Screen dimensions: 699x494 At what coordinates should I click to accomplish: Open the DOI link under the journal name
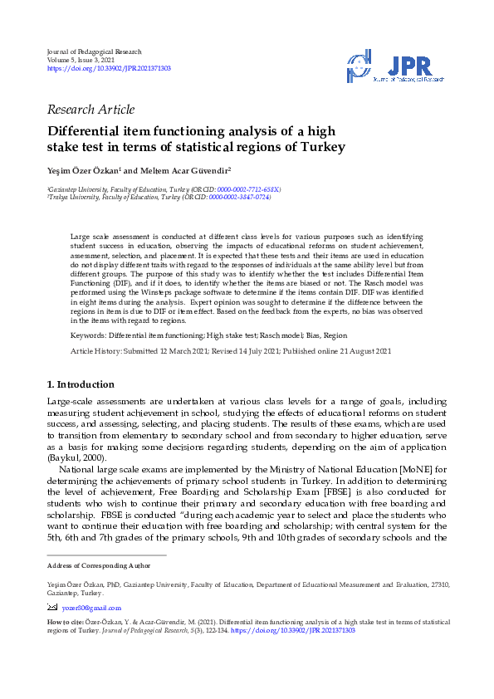pos(109,68)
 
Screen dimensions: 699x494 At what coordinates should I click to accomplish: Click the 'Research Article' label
pos(91,110)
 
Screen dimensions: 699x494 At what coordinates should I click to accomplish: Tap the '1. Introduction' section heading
pos(80,384)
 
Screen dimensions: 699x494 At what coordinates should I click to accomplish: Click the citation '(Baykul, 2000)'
pos(75,457)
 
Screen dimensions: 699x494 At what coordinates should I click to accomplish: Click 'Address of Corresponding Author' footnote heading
pos(99,565)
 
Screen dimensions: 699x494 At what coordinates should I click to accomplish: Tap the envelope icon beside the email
pos(53,607)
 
